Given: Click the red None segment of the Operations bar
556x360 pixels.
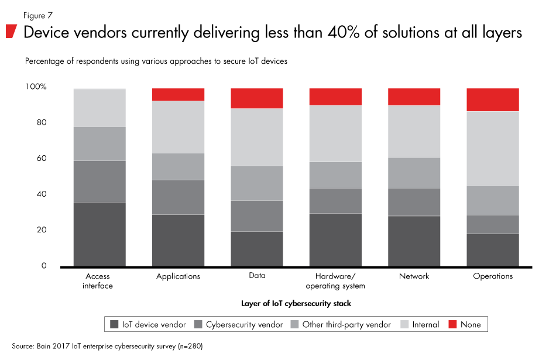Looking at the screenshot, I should coord(493,100).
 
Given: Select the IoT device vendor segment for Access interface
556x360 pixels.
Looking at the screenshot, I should coord(99,234).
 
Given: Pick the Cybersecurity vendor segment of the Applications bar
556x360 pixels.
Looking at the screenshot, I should coord(179,197).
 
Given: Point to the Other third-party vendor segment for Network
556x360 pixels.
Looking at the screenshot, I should coord(414,173).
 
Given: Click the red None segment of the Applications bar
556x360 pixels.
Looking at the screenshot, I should coord(179,94).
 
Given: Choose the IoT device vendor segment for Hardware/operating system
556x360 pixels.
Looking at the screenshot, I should coord(335,240).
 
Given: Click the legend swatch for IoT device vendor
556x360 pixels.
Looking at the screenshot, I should coord(114,324).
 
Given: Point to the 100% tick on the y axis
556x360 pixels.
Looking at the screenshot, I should coord(35,87).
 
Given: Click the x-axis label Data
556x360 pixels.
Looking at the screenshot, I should coord(257,276).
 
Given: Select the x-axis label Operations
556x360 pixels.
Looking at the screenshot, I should coord(493,276).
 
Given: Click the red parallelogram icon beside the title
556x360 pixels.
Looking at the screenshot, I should coord(11,32).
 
